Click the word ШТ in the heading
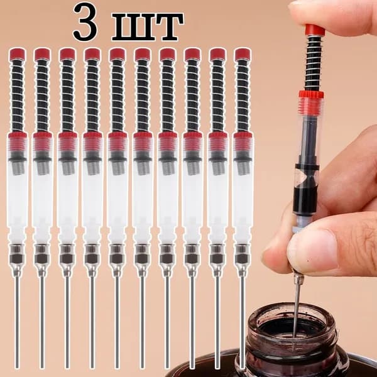click(148, 27)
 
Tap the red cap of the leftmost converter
click(17, 54)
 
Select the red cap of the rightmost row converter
click(243, 54)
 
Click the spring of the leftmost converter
click(18, 96)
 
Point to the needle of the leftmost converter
click(17, 322)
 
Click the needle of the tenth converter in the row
click(243, 322)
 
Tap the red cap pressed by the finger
click(315, 30)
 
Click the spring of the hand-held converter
click(314, 63)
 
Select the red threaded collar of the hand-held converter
click(311, 95)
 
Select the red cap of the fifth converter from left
click(117, 54)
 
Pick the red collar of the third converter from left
click(68, 136)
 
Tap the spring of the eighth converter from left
click(193, 96)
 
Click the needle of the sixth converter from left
click(142, 322)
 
